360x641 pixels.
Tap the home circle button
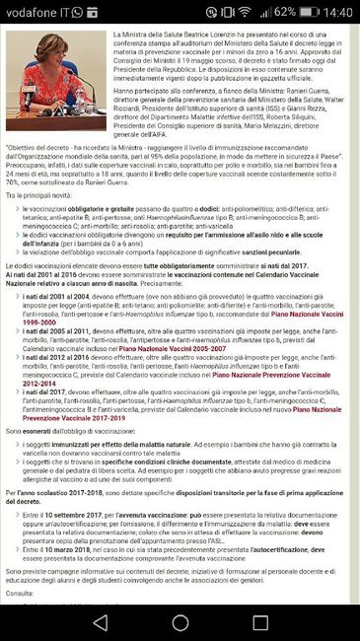click(180, 622)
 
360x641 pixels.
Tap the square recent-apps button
click(260, 622)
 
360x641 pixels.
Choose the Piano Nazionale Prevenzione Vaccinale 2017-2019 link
click(99, 474)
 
